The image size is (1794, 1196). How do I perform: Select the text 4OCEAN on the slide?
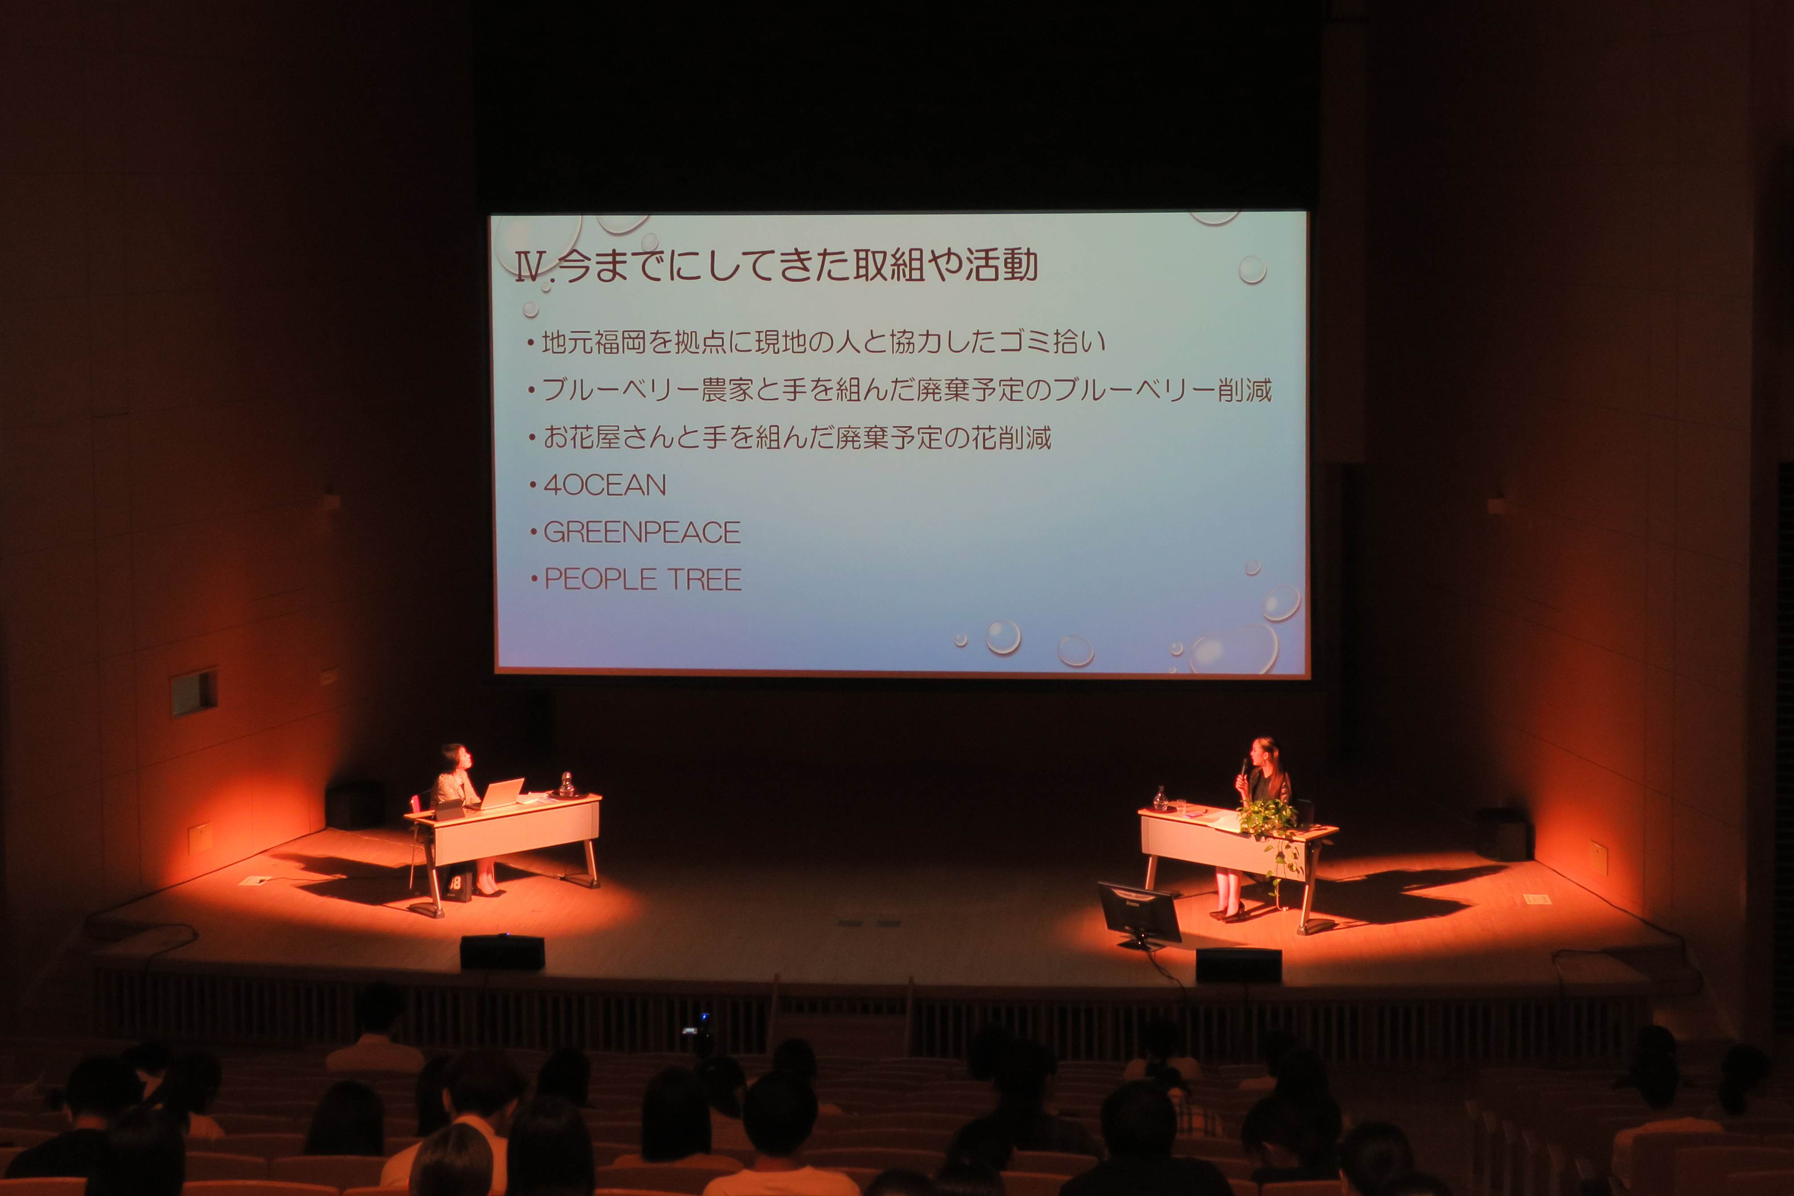[x=604, y=485]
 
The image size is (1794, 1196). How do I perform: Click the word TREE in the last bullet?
[x=704, y=580]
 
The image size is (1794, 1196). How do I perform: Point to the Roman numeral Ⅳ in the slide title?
[x=530, y=267]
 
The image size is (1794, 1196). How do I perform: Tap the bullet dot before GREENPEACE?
[x=533, y=532]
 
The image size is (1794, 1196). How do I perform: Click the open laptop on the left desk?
[x=500, y=793]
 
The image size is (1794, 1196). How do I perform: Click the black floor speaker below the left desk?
[x=502, y=953]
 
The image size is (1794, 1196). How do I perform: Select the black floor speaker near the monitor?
[x=1238, y=966]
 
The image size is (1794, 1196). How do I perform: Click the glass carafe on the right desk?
[x=1160, y=799]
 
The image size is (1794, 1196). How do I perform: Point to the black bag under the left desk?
[x=458, y=885]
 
